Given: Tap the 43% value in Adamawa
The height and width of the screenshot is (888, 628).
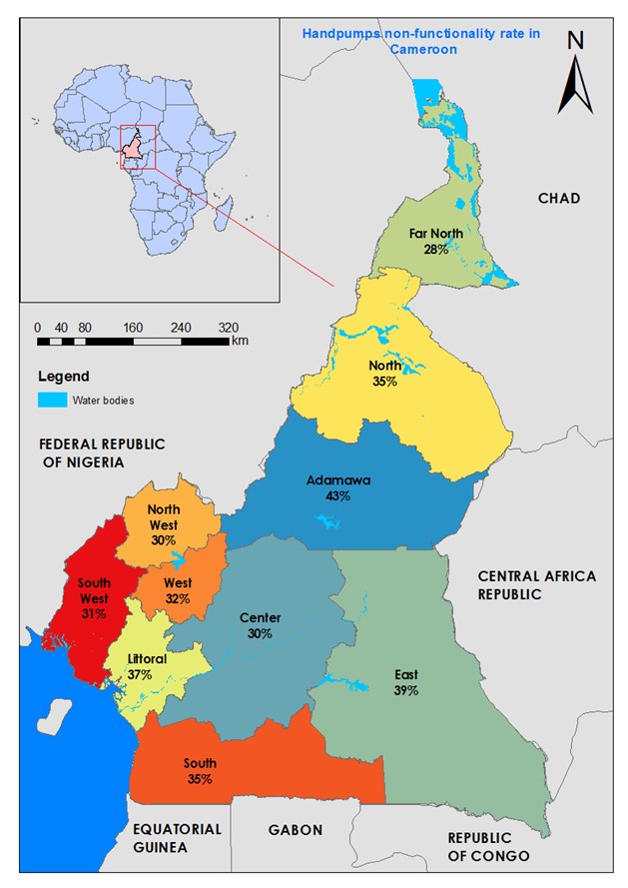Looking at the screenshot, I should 337,495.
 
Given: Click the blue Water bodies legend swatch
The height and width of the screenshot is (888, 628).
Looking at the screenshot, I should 52,401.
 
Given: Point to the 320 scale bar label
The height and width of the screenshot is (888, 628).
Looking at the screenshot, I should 230,328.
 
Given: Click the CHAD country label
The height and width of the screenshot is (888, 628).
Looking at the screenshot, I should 558,199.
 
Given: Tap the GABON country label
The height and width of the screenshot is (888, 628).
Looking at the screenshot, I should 296,830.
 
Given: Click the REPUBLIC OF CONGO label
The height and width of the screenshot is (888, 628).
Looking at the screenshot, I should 478,847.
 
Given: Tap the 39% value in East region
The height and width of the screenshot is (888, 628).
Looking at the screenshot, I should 405,690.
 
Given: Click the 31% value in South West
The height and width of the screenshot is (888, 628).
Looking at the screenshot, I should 94,614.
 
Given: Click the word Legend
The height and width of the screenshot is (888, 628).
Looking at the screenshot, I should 63,377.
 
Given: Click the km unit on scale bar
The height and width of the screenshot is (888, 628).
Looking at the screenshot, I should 240,341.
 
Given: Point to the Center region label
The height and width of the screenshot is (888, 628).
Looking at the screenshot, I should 261,617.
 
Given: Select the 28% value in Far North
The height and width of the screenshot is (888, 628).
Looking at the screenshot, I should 436,249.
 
